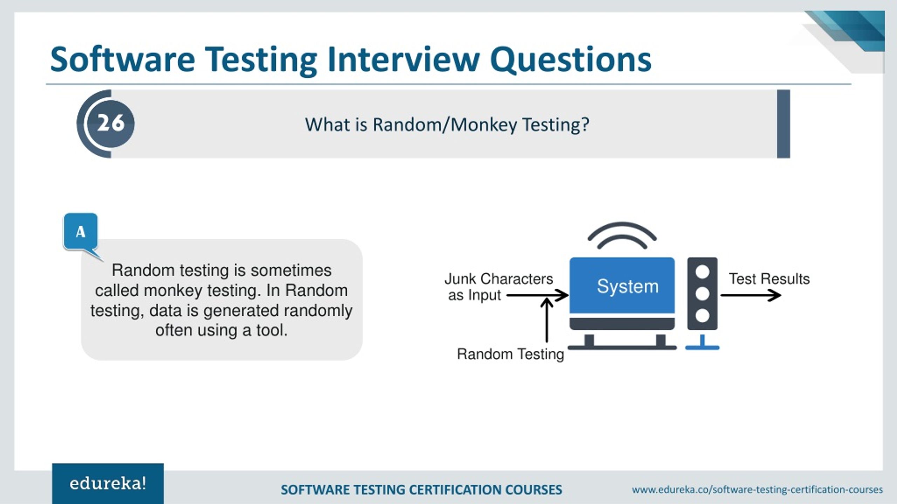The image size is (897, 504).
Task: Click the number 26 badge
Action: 110,123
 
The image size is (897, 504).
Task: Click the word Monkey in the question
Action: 484,125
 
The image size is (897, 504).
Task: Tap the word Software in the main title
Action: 122,59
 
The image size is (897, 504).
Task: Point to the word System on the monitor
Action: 628,286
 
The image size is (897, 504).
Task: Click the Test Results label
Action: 769,279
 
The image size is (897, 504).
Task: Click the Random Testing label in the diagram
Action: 511,354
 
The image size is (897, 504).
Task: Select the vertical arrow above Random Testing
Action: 547,320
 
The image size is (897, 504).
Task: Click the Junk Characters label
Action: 499,279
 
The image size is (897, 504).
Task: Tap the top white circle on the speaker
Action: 702,272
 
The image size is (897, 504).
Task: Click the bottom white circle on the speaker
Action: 702,316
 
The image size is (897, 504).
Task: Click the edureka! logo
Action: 108,484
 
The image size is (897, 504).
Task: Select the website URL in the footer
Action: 757,489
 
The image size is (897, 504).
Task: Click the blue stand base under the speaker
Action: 702,348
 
